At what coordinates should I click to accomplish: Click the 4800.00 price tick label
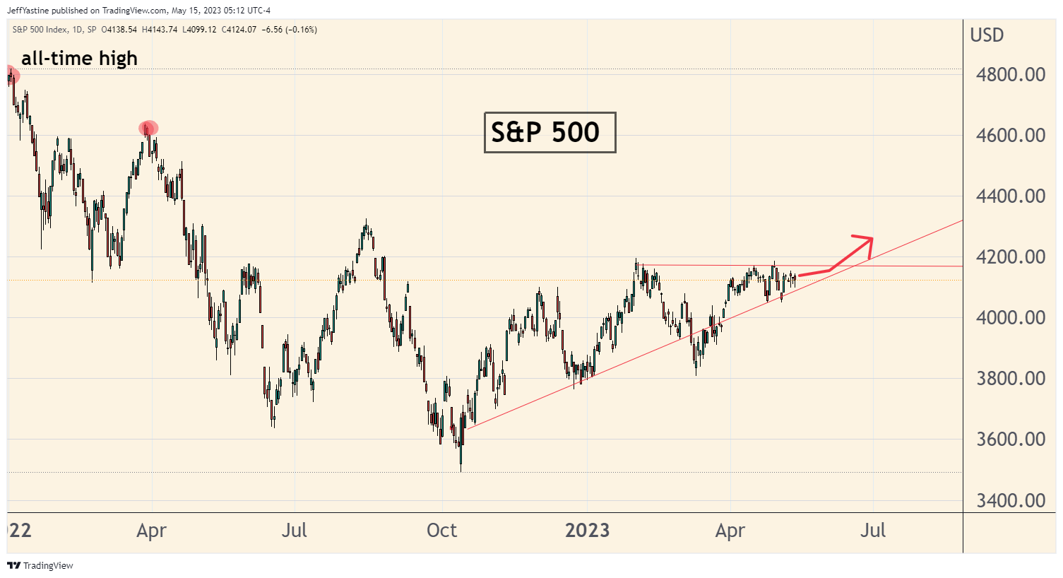[x=1010, y=75]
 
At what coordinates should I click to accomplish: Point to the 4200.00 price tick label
[x=1010, y=257]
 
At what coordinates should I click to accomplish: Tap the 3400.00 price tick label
[x=1010, y=501]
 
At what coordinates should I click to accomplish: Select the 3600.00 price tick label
[x=1010, y=440]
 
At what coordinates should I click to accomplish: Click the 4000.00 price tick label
[x=1010, y=318]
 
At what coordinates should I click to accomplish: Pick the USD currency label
[x=987, y=35]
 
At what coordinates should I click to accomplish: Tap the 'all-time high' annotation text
[x=79, y=59]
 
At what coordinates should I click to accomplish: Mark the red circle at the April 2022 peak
[x=148, y=128]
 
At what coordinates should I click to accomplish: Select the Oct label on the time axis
[x=442, y=531]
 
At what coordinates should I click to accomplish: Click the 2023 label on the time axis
[x=587, y=531]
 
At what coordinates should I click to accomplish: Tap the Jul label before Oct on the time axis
[x=294, y=531]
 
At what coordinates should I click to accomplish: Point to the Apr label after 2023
[x=730, y=531]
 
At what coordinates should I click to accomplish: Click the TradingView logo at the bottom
[x=40, y=566]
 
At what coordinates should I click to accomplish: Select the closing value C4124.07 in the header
[x=239, y=30]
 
